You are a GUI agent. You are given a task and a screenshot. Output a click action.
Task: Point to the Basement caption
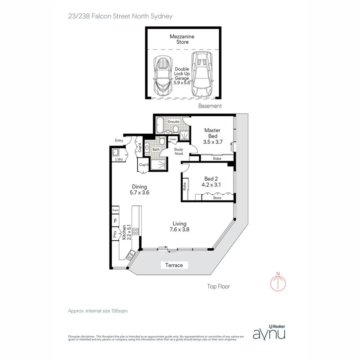(x=210, y=106)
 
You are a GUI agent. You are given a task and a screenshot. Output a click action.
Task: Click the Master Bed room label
(x=212, y=133)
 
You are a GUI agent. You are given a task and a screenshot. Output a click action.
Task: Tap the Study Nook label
(x=178, y=152)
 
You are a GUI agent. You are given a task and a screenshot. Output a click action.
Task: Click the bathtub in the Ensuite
(x=160, y=126)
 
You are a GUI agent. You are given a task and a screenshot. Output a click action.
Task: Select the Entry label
(x=119, y=140)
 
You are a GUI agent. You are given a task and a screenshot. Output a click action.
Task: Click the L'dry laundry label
(x=119, y=160)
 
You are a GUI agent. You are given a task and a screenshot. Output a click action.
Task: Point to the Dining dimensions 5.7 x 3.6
(x=140, y=192)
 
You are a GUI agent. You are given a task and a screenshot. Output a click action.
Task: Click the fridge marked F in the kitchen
(x=115, y=220)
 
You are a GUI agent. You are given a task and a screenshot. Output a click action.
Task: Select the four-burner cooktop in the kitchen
(x=135, y=231)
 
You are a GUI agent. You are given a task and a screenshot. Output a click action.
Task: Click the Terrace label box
(x=174, y=265)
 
